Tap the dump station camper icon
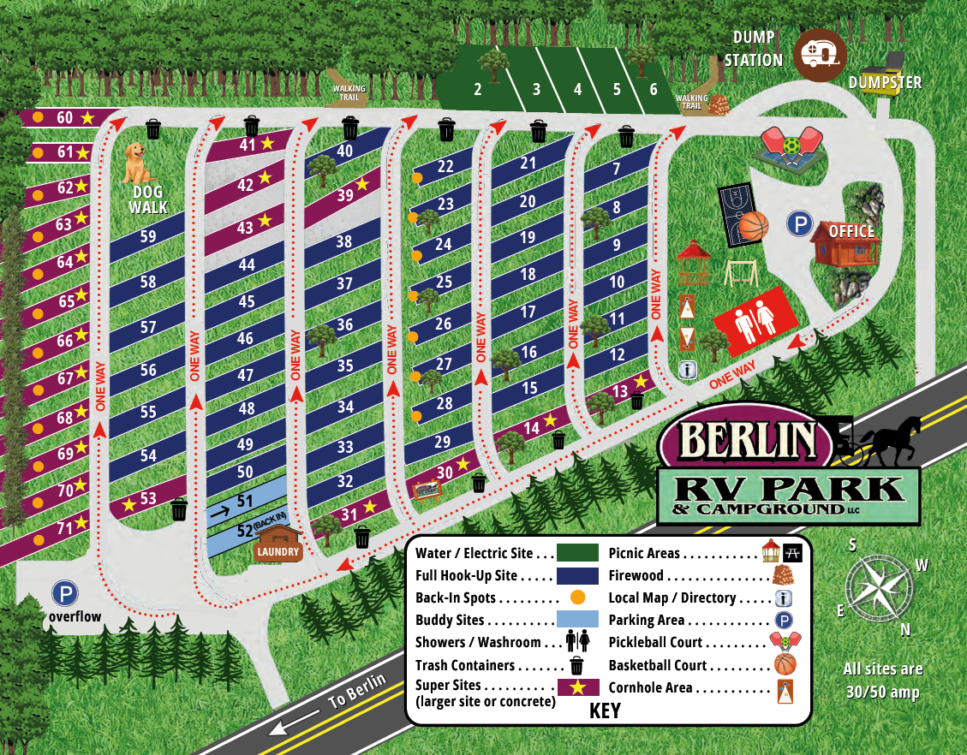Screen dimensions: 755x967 click(820, 55)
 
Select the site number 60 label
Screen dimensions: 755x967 click(65, 117)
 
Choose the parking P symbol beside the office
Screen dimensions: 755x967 click(800, 224)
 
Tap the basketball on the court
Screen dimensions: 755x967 click(754, 226)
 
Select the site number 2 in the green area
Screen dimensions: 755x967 click(477, 89)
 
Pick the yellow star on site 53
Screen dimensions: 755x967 click(128, 504)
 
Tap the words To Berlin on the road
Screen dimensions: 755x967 click(358, 693)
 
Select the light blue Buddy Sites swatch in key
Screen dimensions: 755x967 click(578, 620)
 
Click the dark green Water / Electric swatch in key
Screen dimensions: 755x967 click(578, 553)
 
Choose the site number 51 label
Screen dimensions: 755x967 click(245, 501)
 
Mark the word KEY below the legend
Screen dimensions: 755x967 click(605, 711)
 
